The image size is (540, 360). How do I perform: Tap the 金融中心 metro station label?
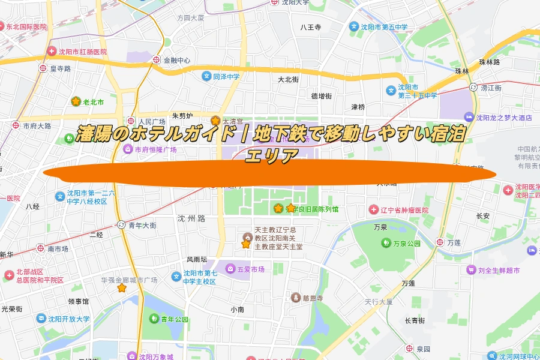[175, 60]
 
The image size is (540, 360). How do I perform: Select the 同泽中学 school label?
[226, 76]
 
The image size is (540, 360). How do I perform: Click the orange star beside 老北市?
[76, 101]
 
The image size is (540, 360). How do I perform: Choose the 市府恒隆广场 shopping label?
[155, 149]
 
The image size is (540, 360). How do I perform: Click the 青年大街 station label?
[142, 226]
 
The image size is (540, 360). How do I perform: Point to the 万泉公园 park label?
[406, 244]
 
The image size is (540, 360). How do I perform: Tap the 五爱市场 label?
[250, 269]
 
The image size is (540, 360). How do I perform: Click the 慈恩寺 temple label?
[311, 298]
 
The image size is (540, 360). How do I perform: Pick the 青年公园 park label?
[174, 319]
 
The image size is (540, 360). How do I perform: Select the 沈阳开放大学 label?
[68, 319]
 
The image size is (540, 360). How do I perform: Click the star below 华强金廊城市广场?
[122, 288]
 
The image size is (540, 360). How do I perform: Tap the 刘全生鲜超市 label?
[499, 270]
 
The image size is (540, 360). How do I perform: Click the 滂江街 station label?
[490, 88]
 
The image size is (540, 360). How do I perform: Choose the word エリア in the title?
[272, 156]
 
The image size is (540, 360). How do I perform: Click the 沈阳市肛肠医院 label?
[82, 52]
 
